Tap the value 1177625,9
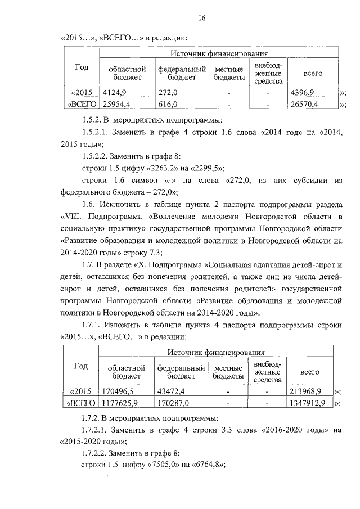120,403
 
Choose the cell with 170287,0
173,403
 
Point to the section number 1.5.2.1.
96,133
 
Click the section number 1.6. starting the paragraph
89,204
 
